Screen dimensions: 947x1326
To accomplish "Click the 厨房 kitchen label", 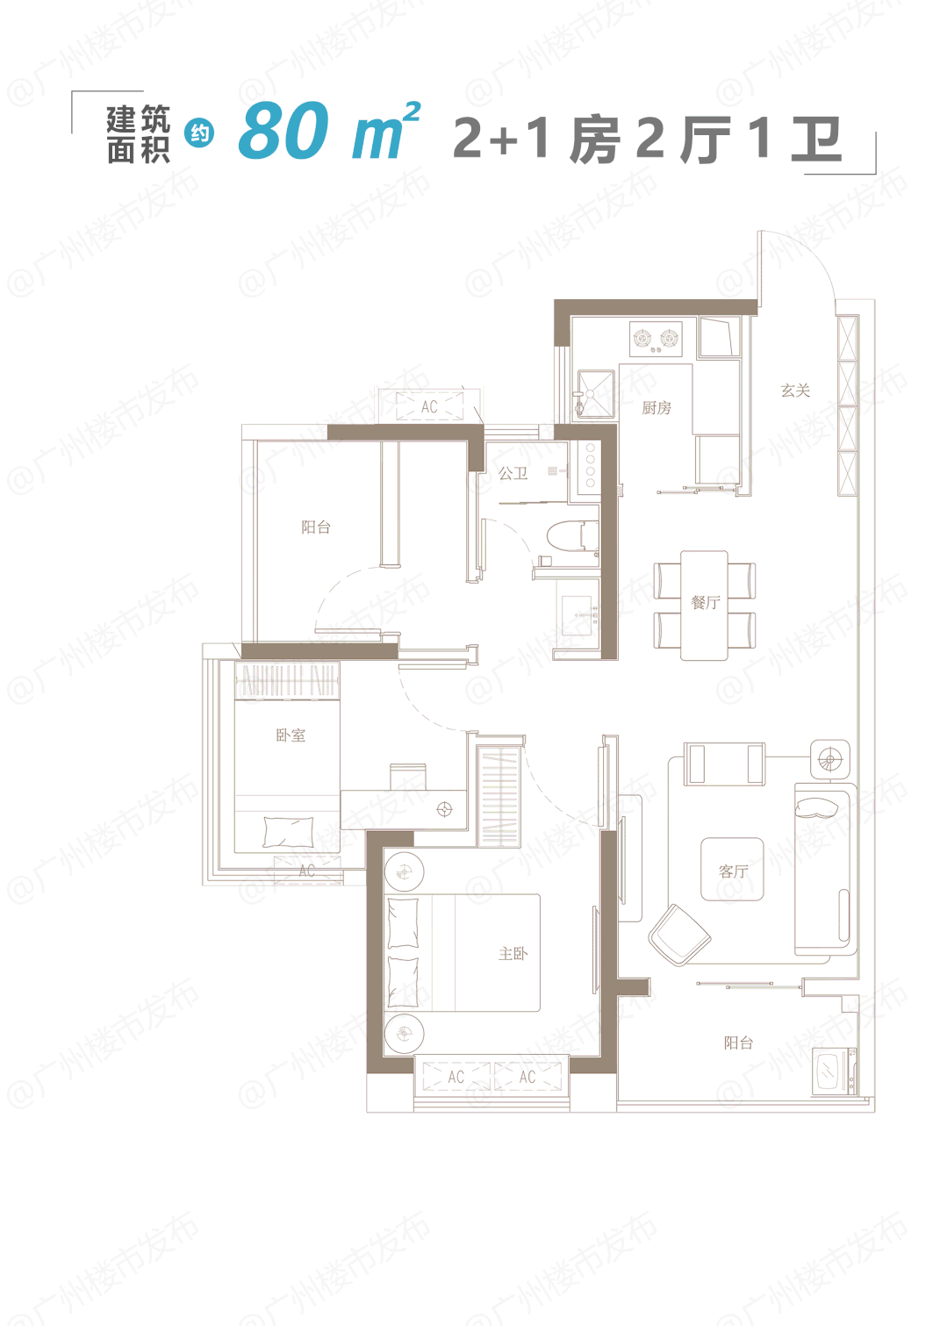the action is [x=656, y=408].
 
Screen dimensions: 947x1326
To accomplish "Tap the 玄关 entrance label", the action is [x=795, y=391].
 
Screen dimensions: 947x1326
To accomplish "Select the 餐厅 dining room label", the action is [x=706, y=603].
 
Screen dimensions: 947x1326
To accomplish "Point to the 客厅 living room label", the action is [x=734, y=871].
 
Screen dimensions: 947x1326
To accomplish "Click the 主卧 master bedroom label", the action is [x=513, y=953].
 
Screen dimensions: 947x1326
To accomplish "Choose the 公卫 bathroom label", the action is [x=513, y=473].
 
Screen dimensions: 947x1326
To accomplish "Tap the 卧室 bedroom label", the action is [x=291, y=735].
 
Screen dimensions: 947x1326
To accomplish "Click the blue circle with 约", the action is [x=199, y=133].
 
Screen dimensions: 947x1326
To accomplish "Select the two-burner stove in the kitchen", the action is [x=656, y=340].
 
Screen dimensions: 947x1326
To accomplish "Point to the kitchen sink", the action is [x=596, y=394].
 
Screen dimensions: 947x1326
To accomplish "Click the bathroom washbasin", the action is [x=577, y=616].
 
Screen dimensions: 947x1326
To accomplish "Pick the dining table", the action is [x=704, y=605].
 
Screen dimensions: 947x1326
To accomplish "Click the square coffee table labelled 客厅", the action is [x=732, y=869].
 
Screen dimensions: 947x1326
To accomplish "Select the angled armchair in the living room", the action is [x=679, y=935].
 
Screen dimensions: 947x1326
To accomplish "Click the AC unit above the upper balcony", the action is [x=429, y=406].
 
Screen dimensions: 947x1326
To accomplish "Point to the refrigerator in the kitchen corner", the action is [x=720, y=337].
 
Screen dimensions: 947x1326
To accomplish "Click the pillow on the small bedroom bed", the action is [x=288, y=832].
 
